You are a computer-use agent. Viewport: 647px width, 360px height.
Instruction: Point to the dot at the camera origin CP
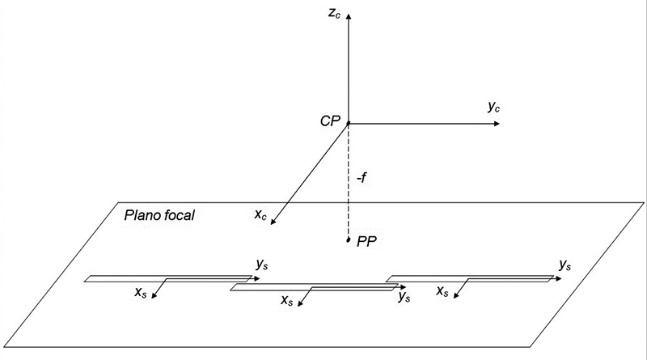349,124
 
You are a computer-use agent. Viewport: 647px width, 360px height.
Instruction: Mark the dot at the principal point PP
349,240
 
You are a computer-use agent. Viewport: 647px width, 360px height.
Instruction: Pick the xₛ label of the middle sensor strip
286,300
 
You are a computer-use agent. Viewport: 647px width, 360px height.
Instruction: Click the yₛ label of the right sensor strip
565,264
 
